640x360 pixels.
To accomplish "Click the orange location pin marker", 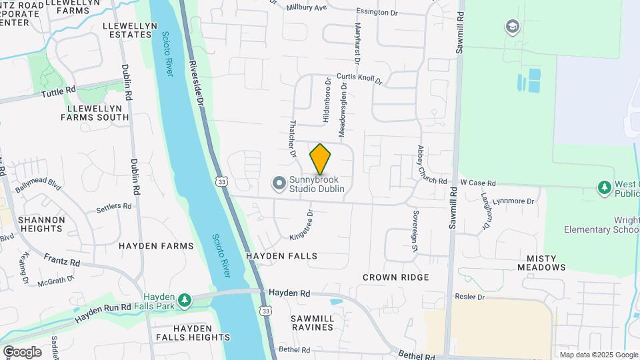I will point(320,159).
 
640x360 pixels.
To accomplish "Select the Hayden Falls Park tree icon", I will point(184,300).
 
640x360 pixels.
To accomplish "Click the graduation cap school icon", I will point(512,27).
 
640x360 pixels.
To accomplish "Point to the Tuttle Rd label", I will point(59,93).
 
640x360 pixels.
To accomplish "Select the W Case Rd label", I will point(478,183).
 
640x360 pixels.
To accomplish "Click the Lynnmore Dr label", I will point(513,201).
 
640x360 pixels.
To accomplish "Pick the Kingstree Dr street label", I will point(301,225).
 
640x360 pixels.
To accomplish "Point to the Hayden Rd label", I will point(289,293).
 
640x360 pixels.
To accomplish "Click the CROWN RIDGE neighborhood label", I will point(395,277).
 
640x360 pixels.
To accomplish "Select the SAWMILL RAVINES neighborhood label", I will point(312,323).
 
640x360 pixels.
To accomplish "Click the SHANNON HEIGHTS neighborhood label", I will point(41,224).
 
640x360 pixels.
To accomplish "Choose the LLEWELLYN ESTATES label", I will point(129,30).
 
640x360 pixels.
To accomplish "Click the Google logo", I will point(22,352).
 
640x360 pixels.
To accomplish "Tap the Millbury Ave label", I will point(307,8).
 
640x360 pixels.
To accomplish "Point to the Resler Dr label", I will point(469,295).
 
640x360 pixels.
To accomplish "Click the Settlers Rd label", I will point(114,207).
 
